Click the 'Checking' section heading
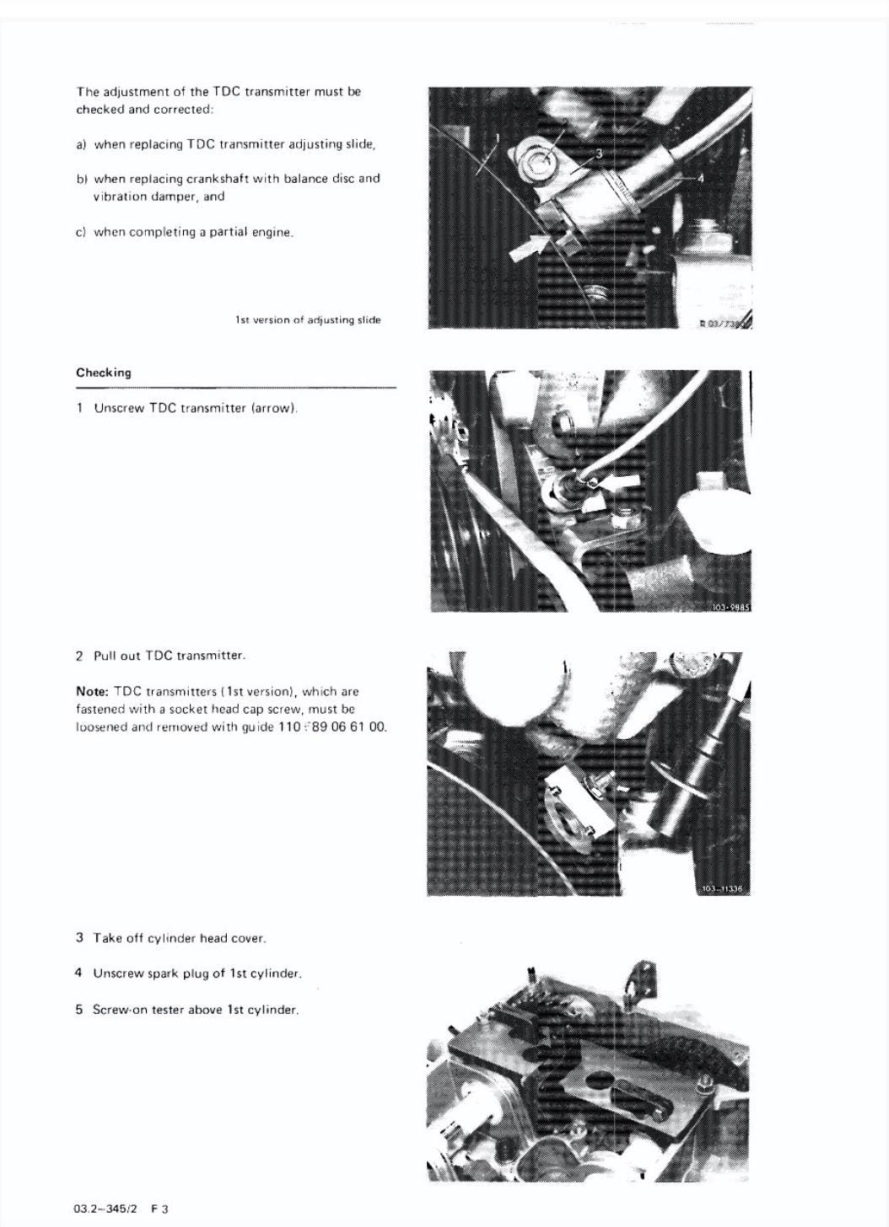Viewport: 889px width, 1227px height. tap(104, 372)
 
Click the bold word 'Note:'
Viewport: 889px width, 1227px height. tap(92, 691)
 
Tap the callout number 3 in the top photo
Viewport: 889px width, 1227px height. tap(599, 153)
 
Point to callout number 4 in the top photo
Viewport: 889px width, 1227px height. tap(699, 179)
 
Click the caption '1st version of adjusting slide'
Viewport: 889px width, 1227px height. tap(308, 320)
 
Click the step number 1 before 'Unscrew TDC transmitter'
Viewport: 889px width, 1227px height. tap(79, 408)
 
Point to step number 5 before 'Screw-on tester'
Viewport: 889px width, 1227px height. tap(78, 1010)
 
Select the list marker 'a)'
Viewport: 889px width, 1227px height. tap(81, 144)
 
